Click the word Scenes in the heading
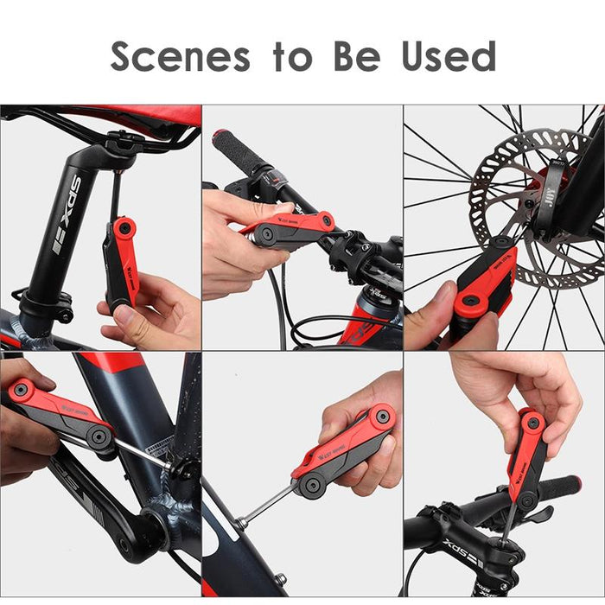click(x=181, y=56)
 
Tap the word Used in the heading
click(x=449, y=56)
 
